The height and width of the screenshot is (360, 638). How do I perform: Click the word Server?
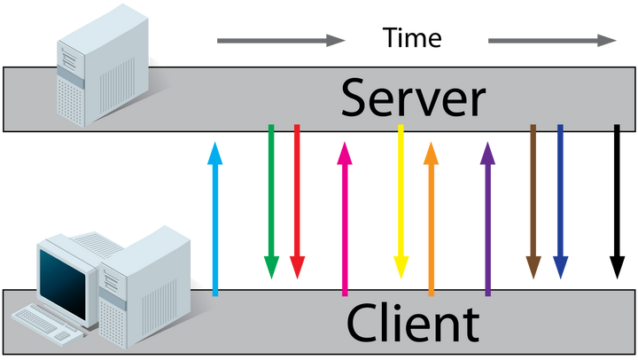pyautogui.click(x=413, y=98)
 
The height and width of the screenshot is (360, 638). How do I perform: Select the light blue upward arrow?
pyautogui.click(x=214, y=217)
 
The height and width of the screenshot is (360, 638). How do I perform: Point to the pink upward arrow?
pyautogui.click(x=345, y=217)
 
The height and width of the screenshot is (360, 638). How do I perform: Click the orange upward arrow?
pyautogui.click(x=431, y=217)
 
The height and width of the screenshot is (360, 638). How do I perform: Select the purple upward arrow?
pyautogui.click(x=487, y=217)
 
